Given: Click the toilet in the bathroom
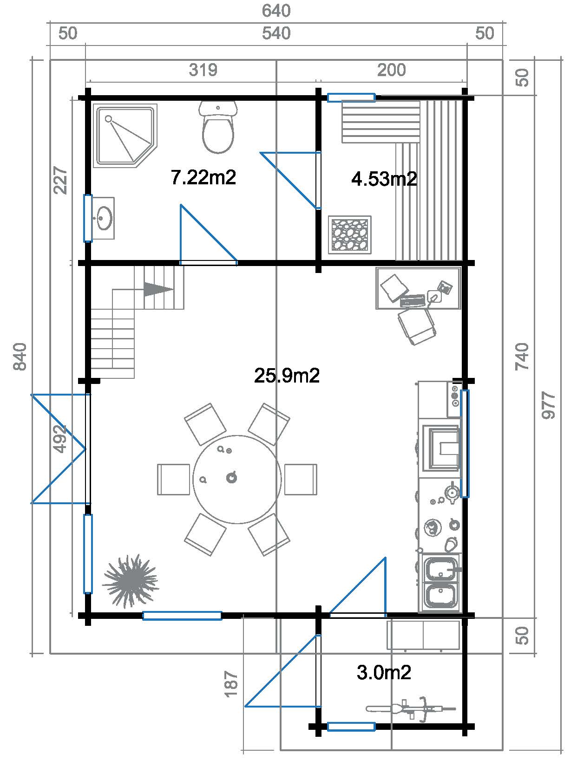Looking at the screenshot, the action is click(218, 127).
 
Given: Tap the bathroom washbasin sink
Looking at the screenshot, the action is click(104, 218).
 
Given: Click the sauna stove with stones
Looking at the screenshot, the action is click(349, 234).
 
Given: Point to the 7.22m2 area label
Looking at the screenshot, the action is click(203, 177).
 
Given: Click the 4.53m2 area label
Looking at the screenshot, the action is click(384, 179).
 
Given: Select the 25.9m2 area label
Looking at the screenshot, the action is click(287, 375).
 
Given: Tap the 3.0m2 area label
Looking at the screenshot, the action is click(384, 672).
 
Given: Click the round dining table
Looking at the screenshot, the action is click(237, 480).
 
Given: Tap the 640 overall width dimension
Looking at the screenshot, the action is click(276, 11).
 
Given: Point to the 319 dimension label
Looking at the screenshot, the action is click(203, 70).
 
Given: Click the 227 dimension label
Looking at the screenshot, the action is click(60, 180).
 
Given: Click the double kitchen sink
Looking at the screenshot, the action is click(440, 583).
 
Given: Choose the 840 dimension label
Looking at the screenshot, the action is click(20, 357).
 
